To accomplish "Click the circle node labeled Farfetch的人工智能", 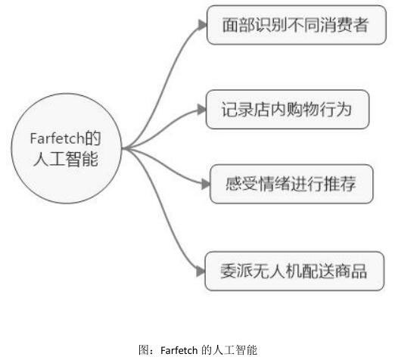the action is coord(67,148).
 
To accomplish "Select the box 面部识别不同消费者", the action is coord(297,25).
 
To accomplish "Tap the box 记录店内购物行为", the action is coord(288,110).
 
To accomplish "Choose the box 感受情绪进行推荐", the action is coord(291,184).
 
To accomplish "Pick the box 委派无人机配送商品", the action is coord(294,271).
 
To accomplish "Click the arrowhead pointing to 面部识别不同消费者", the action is coord(203,25).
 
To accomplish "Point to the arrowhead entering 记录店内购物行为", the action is coord(202,110).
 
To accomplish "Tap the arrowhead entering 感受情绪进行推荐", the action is coord(206,184).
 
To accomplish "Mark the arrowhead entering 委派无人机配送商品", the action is coord(201,272).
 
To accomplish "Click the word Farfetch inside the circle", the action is coord(57,138).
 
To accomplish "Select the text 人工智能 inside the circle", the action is coord(66,159).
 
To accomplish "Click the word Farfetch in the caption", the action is coord(179,350).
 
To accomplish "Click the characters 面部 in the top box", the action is coord(238,25).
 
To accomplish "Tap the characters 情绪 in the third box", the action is coord(275,184).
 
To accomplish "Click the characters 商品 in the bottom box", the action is coord(351,271).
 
